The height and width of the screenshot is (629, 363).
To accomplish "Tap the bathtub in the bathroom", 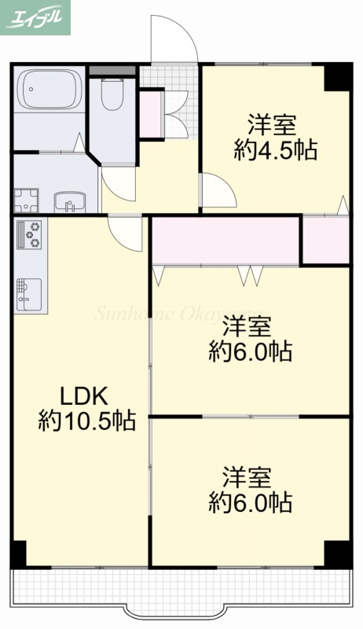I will point(49,90).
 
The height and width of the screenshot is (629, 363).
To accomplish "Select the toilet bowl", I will point(113,96).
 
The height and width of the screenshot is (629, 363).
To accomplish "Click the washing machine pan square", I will point(26,200).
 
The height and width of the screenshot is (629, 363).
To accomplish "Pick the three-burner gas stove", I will point(31,234).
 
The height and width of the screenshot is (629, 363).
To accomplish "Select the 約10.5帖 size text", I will point(86,421).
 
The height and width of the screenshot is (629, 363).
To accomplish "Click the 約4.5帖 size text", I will point(275,149).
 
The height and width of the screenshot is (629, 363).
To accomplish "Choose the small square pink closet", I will point(325,240).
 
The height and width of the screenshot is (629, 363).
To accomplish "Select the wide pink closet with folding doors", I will point(225,241).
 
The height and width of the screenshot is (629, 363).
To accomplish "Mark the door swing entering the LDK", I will point(126,232).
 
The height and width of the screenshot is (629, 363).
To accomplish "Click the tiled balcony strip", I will point(181,587).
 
